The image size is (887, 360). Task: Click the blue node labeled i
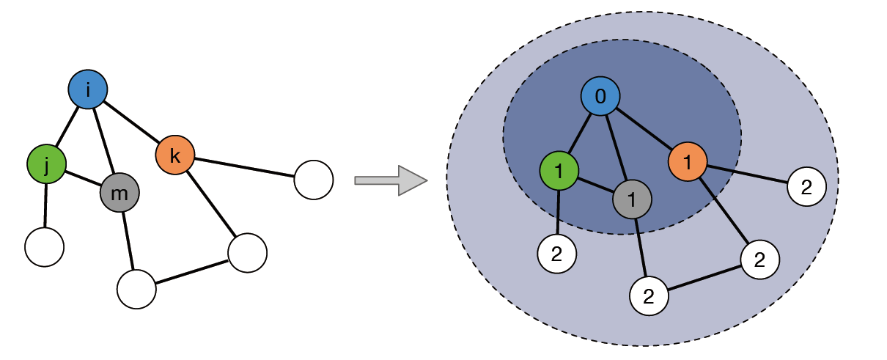click(x=88, y=89)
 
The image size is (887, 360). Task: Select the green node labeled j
click(x=46, y=165)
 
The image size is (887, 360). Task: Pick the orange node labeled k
click(x=175, y=155)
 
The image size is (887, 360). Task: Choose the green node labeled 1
click(x=559, y=172)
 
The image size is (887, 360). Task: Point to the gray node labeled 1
click(x=632, y=199)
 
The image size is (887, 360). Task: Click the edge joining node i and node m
click(x=103, y=140)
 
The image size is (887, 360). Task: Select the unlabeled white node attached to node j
click(x=45, y=246)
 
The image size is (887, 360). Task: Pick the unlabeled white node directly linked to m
click(x=136, y=289)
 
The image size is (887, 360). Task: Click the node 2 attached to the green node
click(x=557, y=254)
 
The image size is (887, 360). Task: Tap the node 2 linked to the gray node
click(x=649, y=296)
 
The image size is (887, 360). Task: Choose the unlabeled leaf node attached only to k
click(x=314, y=180)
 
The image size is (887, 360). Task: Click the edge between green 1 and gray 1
click(x=595, y=185)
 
